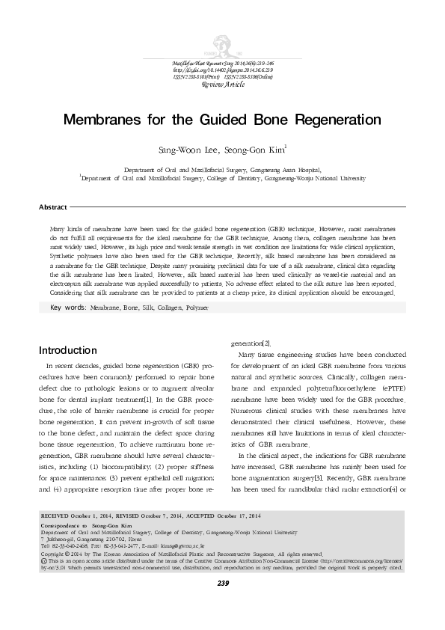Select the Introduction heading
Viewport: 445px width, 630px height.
pyautogui.click(x=67, y=349)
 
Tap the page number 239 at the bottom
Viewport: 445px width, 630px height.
pyautogui.click(x=222, y=604)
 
